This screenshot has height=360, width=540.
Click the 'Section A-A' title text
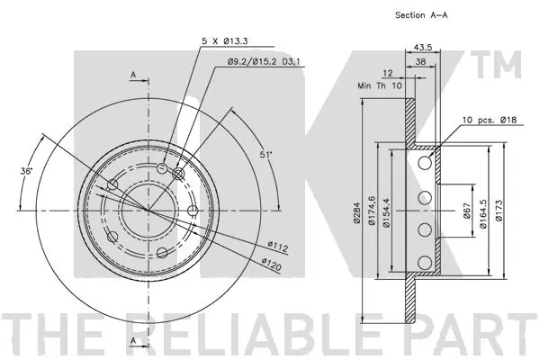pos(421,15)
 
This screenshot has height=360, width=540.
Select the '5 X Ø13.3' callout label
pos(224,41)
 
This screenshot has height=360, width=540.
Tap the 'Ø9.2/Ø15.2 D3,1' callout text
pos(264,62)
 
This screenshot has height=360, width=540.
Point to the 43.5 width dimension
pos(423,47)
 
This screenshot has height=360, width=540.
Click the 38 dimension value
pos(420,62)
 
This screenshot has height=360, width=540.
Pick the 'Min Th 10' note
pos(380,85)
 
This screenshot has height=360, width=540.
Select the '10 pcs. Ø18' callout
pos(490,120)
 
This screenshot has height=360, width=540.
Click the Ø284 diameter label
pos(356,212)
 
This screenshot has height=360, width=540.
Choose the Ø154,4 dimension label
pos(386,211)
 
